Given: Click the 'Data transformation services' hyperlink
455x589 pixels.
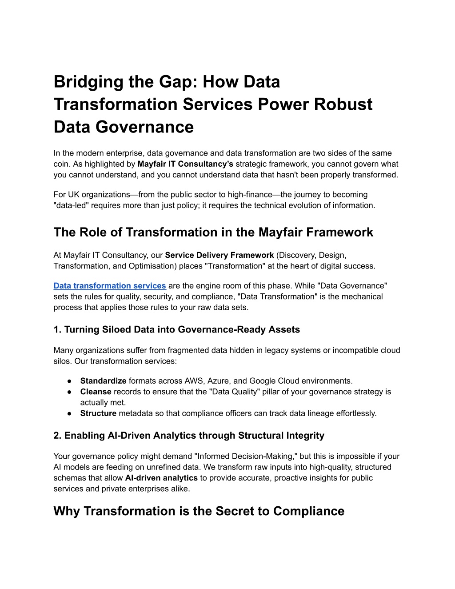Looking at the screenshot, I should [110, 286].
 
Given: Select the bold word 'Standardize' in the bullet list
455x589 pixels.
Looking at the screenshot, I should [103, 381].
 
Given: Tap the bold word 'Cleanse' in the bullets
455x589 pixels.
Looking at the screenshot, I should [96, 392].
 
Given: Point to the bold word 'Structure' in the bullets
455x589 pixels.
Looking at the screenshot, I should [98, 413].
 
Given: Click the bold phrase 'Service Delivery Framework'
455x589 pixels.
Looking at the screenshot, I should [220, 255].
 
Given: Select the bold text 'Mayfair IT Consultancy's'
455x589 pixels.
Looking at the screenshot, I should [185, 164].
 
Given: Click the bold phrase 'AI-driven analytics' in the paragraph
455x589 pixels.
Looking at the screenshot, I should [161, 478].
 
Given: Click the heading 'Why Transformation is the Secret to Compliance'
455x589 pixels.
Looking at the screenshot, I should [199, 511].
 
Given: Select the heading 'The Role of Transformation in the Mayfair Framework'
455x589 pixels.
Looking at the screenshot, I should [213, 232].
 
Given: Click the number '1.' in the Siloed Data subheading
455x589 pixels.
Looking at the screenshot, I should [57, 330].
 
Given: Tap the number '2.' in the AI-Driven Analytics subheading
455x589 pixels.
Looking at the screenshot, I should [57, 436].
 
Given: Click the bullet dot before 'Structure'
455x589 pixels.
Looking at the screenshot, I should [70, 413].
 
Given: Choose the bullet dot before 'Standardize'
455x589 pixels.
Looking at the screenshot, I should [70, 381].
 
